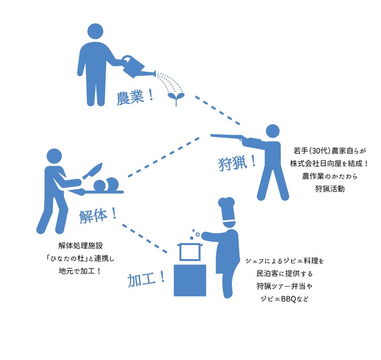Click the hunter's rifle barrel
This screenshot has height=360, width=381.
click(227, 137)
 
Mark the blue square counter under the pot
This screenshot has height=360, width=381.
click(190, 280)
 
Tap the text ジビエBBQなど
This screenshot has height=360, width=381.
click(284, 299)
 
